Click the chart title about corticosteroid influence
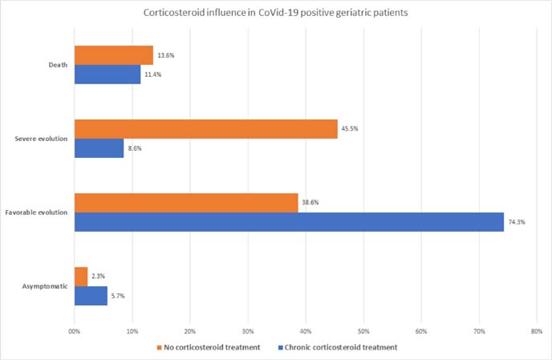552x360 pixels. click(275, 13)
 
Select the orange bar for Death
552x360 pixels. click(113, 55)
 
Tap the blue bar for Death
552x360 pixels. click(107, 75)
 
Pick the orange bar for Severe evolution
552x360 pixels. click(205, 129)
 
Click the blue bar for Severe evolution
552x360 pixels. click(99, 148)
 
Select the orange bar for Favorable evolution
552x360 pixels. click(185, 203)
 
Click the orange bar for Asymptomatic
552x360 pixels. click(80, 277)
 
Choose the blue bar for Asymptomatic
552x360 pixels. click(90, 296)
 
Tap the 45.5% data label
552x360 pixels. click(349, 128)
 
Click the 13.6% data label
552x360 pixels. click(165, 55)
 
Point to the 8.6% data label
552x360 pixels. click(136, 148)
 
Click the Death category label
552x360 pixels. click(56, 65)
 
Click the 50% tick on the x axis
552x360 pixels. click(363, 330)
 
